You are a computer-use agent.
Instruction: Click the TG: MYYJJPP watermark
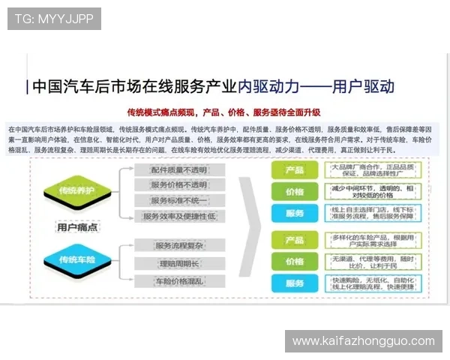pyautogui.click(x=53, y=18)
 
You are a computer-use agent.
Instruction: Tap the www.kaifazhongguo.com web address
pyautogui.click(x=363, y=341)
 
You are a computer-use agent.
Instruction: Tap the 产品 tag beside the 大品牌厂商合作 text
pyautogui.click(x=295, y=170)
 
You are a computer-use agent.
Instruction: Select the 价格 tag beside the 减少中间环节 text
pyautogui.click(x=295, y=192)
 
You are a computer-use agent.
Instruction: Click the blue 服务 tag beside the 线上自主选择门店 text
pyautogui.click(x=295, y=214)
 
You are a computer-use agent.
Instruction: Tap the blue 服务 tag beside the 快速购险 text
pyautogui.click(x=295, y=284)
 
